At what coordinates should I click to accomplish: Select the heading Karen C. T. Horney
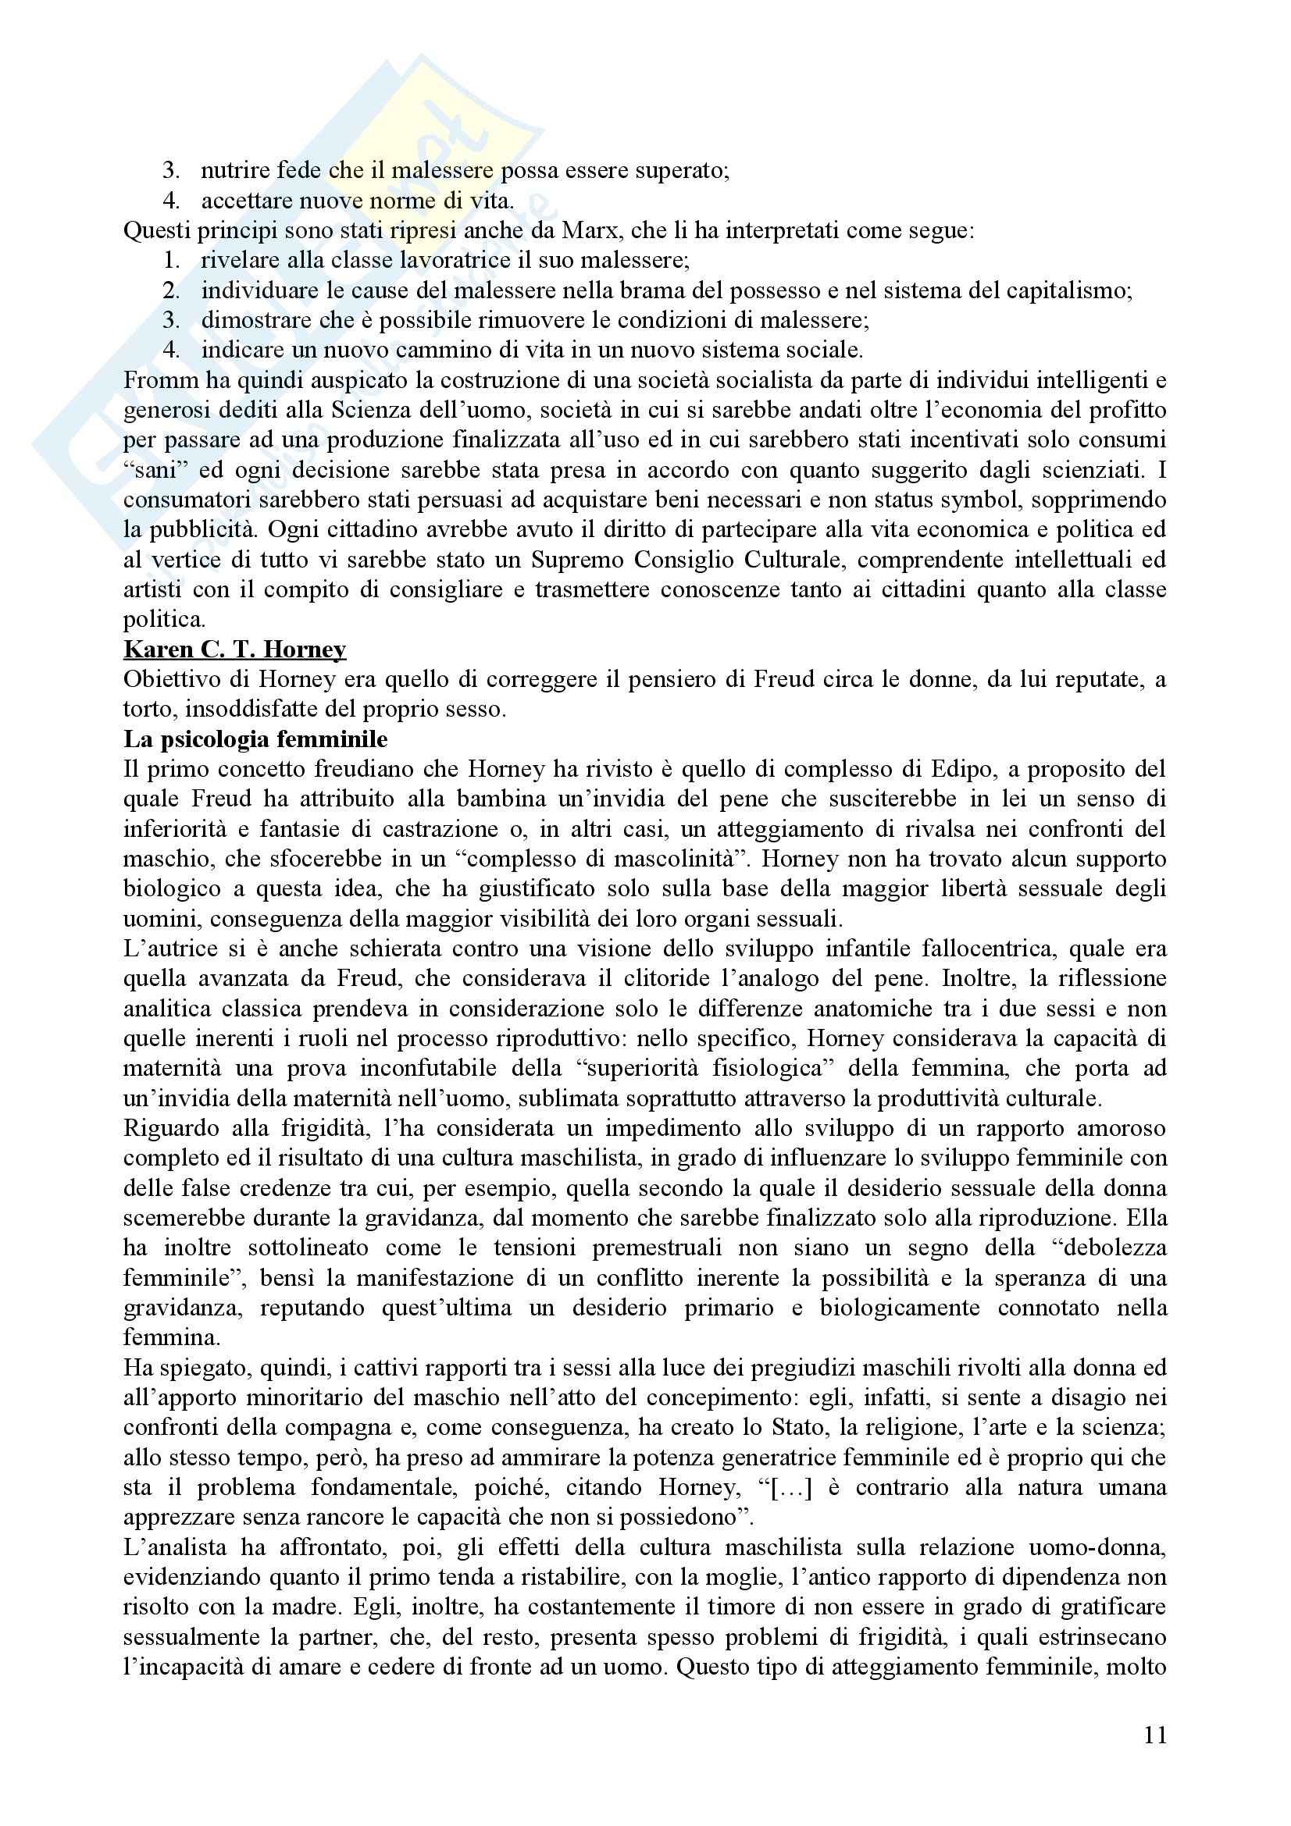tap(234, 650)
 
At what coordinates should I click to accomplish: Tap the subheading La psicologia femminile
tap(255, 739)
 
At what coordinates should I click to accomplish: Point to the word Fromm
tap(158, 380)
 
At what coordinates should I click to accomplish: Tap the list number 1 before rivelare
tap(172, 261)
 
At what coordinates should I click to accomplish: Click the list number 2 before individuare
tap(172, 291)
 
